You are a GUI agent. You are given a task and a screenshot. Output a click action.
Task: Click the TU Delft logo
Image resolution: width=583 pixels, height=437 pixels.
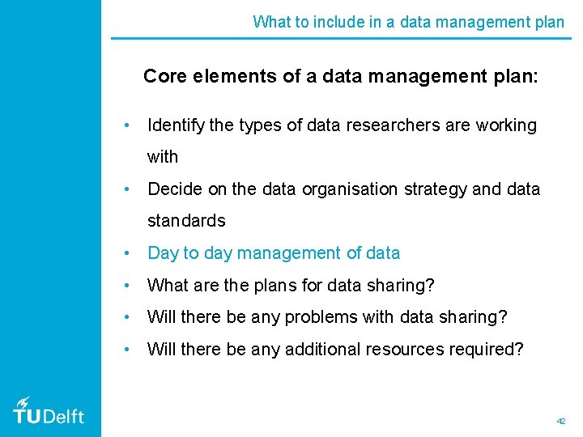click(49, 411)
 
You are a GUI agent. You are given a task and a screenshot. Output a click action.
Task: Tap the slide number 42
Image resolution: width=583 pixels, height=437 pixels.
click(561, 422)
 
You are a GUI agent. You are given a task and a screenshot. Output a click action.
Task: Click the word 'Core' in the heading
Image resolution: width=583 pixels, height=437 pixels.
click(164, 77)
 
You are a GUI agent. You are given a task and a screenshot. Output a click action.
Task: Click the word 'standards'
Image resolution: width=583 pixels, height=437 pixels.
click(186, 220)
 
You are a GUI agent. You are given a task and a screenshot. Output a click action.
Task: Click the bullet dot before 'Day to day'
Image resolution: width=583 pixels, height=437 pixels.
click(127, 253)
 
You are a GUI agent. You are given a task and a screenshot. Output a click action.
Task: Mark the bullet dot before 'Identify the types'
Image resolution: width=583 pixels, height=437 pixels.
click(127, 125)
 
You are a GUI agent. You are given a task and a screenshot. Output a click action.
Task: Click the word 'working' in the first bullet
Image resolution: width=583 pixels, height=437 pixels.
click(507, 125)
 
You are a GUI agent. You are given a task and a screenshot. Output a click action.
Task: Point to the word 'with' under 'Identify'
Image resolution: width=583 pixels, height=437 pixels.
click(163, 157)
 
